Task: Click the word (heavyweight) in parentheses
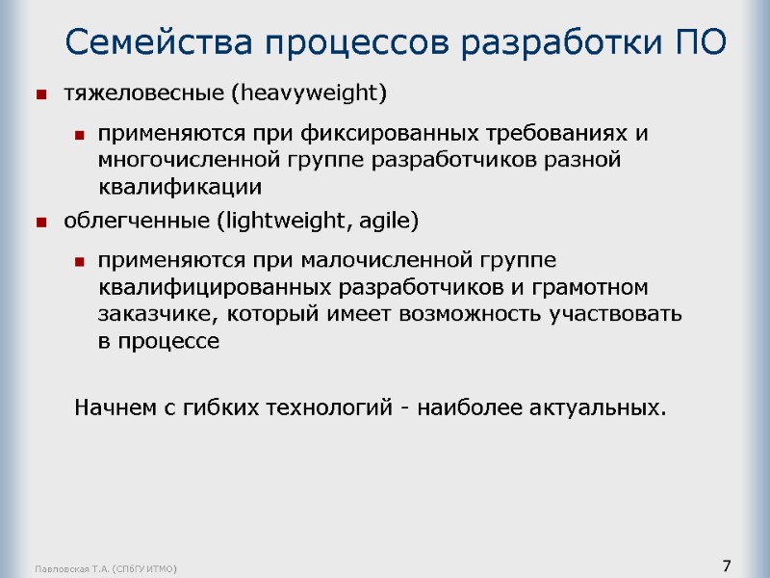click(x=313, y=93)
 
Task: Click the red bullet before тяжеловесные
click(x=41, y=94)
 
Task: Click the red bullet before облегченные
click(x=41, y=223)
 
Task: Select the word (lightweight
click(x=281, y=222)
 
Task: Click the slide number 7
click(x=727, y=565)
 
